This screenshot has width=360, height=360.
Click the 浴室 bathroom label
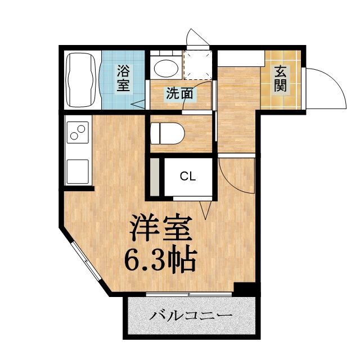(x=124, y=79)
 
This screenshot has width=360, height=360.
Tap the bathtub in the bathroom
(x=82, y=80)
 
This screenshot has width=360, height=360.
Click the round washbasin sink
(x=165, y=67)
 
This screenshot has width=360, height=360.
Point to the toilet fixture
(x=169, y=133)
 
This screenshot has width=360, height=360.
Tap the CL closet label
(x=188, y=176)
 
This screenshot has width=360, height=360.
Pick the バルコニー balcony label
(x=191, y=316)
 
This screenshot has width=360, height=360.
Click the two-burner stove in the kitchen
(x=78, y=134)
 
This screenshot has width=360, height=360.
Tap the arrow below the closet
(x=208, y=210)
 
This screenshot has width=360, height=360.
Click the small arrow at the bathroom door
(x=139, y=103)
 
